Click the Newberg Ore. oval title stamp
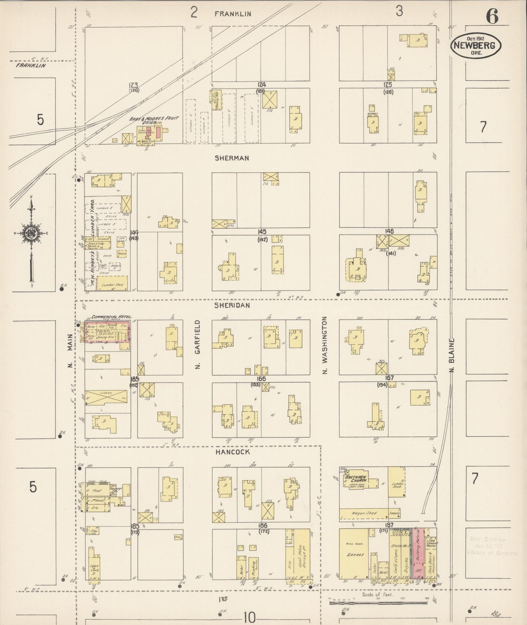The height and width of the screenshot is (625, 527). click(476, 46)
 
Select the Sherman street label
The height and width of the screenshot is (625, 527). click(232, 158)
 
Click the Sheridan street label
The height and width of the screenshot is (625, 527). click(232, 305)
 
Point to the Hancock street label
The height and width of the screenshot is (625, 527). click(232, 452)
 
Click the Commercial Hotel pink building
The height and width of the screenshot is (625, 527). click(107, 332)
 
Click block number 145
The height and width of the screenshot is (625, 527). click(261, 232)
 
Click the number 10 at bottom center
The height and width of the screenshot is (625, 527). click(249, 617)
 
